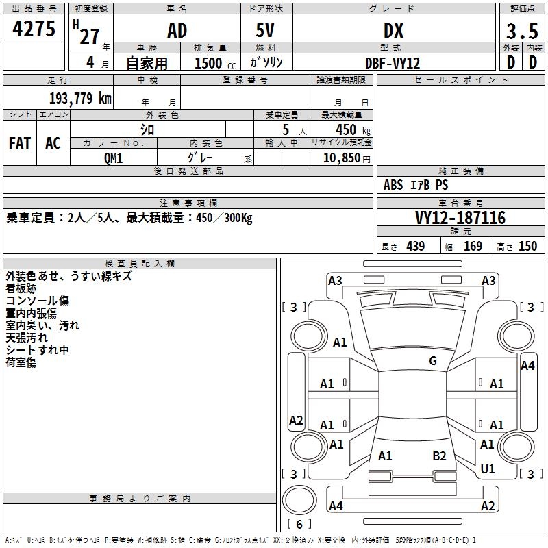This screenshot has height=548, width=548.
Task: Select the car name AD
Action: (177, 31)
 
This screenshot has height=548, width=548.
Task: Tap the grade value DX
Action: (393, 31)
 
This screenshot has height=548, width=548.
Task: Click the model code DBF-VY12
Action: (393, 62)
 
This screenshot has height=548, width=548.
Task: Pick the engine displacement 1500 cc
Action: (210, 63)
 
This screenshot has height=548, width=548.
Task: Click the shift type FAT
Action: (20, 143)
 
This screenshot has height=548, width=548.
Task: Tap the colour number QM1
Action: (113, 158)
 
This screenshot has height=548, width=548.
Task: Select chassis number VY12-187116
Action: (460, 218)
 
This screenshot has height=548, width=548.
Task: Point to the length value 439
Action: (415, 246)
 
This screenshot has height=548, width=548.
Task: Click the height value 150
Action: (527, 246)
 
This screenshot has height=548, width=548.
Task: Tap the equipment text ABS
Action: (393, 185)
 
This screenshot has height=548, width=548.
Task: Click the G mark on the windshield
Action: (433, 361)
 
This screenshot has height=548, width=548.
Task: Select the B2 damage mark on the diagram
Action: (439, 456)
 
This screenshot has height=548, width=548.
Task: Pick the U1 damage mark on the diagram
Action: (488, 469)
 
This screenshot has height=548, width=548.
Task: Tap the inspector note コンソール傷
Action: (38, 301)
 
